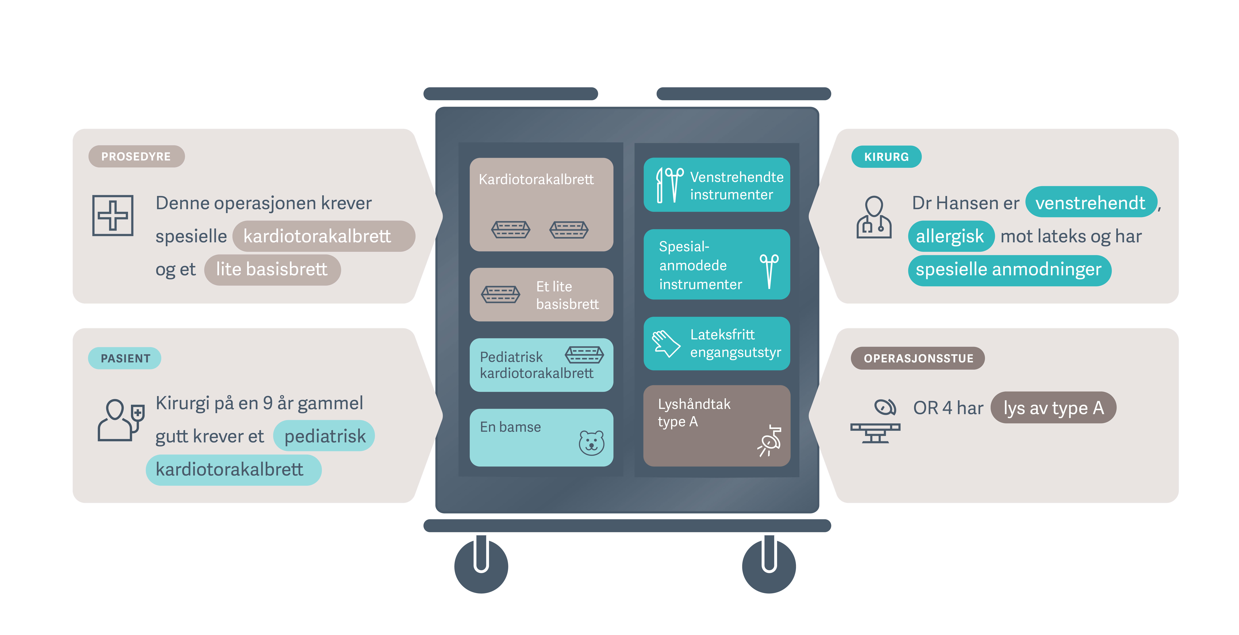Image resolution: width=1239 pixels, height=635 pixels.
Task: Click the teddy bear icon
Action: pos(591,443)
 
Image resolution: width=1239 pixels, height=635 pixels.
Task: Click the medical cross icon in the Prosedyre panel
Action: pos(113,215)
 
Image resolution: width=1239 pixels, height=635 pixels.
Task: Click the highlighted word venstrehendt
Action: pos(1090,203)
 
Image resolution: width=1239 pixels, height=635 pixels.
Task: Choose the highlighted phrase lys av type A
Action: pos(1053,407)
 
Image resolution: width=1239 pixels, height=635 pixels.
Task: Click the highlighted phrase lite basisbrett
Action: pos(272,269)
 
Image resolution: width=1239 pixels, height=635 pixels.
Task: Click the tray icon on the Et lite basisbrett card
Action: pos(501,294)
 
